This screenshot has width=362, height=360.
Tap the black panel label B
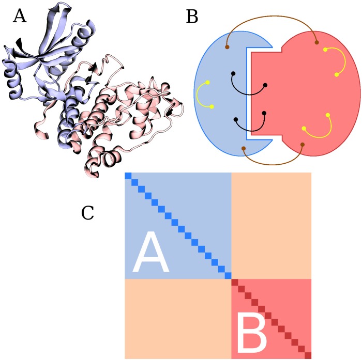pos(192,17)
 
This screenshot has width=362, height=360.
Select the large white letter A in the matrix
pos(151,253)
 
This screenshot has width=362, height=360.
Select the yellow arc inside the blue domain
pos(198,95)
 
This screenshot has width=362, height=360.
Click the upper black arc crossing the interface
pos(249,93)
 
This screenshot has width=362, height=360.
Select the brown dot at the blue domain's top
pos(227,48)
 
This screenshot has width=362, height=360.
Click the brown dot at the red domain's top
pos(316,42)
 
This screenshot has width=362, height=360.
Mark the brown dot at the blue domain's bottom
pos(243,150)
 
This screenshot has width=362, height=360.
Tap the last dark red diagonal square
pos(308,355)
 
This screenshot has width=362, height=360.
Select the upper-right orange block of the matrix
pos(271,226)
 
